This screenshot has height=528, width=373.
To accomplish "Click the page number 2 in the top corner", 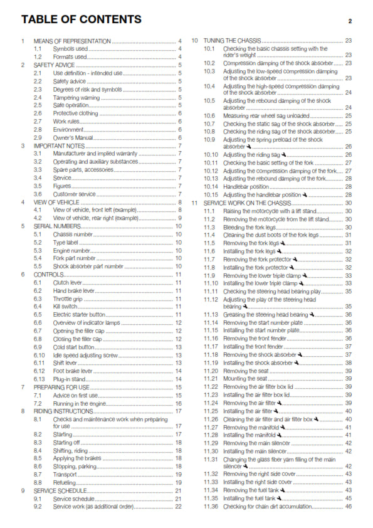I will click(x=350, y=21).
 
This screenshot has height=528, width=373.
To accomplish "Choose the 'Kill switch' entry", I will click(x=66, y=306).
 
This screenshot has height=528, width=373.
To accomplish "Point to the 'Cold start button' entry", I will click(x=74, y=347).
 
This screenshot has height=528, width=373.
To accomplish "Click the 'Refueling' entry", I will click(x=65, y=482).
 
